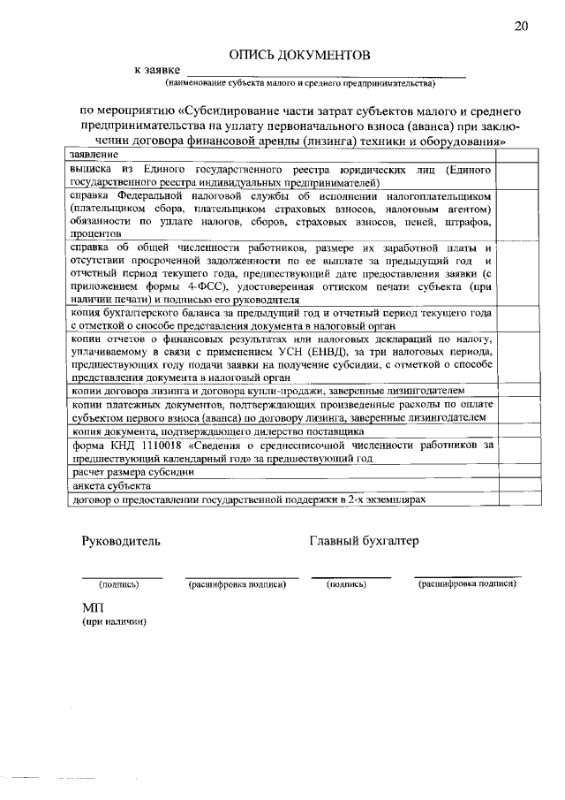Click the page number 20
[521, 26]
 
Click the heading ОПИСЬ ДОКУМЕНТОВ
[299, 55]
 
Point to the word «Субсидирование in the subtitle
[223, 111]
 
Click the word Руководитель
[121, 541]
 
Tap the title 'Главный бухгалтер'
[364, 541]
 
